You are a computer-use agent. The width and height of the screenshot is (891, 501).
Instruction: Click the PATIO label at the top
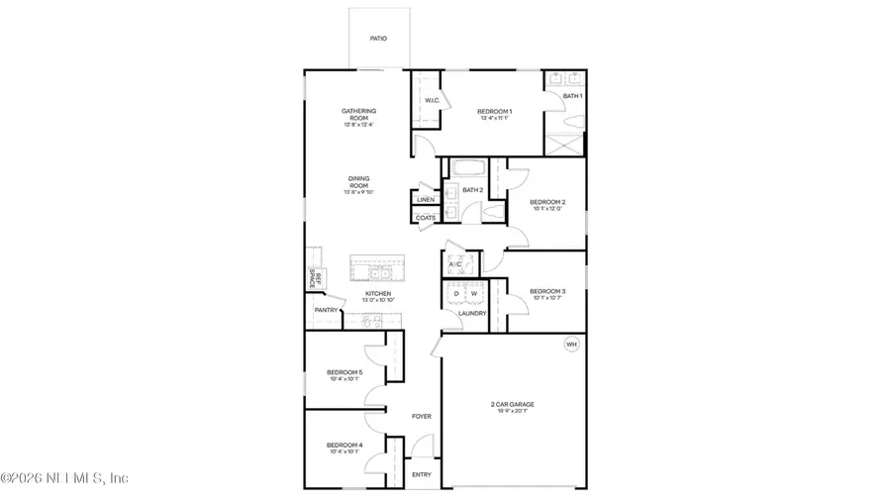click(378, 39)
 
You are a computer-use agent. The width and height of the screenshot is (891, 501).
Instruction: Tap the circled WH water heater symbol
click(570, 345)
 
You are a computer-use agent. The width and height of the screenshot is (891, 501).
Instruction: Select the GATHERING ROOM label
click(358, 114)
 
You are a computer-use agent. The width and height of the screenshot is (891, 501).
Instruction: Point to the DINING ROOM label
click(358, 182)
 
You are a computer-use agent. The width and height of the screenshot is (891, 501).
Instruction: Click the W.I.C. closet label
click(433, 101)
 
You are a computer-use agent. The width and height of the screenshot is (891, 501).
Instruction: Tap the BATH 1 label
click(573, 96)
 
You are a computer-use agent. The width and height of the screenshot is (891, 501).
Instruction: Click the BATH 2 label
click(472, 189)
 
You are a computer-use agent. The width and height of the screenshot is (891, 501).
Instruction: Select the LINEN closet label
click(426, 200)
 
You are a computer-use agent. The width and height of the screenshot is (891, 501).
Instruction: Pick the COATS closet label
click(426, 218)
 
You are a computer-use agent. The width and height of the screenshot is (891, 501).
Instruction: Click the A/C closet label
click(456, 265)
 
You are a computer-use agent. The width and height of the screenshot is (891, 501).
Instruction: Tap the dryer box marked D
click(456, 294)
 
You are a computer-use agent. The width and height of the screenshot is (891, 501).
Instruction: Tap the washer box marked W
click(474, 294)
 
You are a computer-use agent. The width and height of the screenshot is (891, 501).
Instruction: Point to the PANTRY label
click(326, 310)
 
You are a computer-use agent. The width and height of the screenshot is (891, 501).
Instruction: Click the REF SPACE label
click(310, 279)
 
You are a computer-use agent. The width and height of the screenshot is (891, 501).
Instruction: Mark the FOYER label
click(422, 417)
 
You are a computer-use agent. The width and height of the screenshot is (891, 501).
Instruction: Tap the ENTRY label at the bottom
click(422, 475)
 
